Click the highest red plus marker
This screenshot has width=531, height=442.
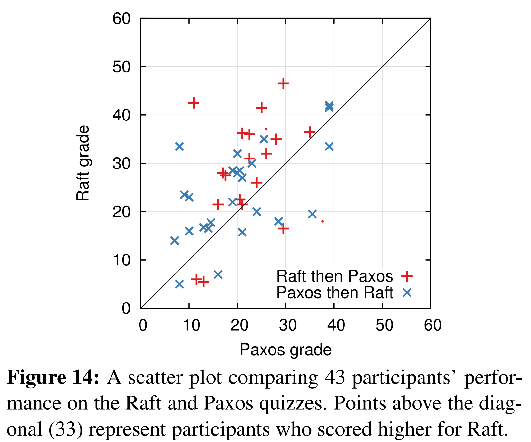point(283,84)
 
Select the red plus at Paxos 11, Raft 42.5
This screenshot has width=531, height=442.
point(194,103)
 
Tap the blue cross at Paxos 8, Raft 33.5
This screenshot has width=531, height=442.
point(179,147)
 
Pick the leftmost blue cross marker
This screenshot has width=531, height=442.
point(174,241)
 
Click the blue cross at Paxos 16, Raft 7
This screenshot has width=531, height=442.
point(218,274)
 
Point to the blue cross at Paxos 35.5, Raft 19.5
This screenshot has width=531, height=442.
point(312,214)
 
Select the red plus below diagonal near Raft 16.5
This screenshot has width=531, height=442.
point(283,229)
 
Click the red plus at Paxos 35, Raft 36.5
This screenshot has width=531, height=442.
point(310,132)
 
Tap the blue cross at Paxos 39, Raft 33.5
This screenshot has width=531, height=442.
point(329,147)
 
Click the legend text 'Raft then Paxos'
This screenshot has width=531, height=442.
point(334,276)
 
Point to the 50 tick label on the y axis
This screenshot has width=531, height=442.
point(121,67)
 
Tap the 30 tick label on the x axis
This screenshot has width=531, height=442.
point(288,325)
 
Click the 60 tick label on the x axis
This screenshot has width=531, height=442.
point(433,325)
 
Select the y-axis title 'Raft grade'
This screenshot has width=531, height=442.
point(83,163)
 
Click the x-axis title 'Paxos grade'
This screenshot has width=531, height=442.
point(285,350)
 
